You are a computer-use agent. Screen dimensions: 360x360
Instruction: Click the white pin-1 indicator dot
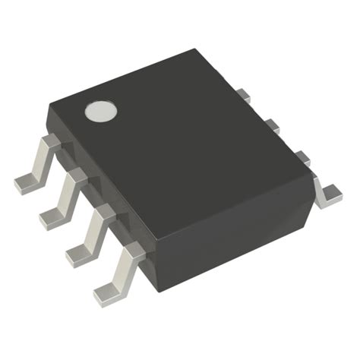click(99, 112)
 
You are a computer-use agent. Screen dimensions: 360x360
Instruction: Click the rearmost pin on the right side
click(242, 95)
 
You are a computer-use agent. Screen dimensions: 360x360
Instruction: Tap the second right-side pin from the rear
click(270, 123)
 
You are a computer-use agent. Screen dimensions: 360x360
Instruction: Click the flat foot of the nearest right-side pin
click(331, 195)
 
